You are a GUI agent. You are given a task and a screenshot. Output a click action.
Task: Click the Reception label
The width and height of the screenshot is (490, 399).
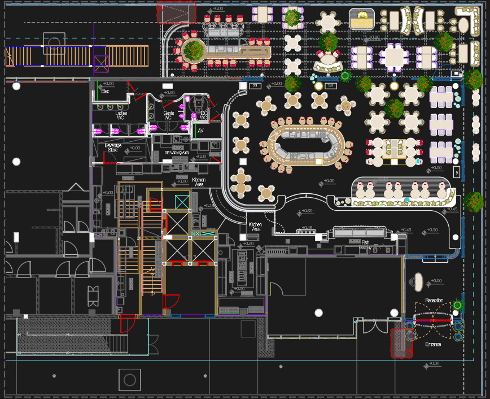[434, 300]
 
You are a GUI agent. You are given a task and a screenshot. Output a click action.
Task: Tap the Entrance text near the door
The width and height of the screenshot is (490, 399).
[434, 344]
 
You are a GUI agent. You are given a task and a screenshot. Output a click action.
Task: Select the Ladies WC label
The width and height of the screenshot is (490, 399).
[121, 115]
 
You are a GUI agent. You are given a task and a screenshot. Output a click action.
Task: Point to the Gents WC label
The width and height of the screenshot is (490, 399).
[168, 115]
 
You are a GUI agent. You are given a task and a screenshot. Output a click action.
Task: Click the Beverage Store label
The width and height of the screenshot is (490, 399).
[113, 148]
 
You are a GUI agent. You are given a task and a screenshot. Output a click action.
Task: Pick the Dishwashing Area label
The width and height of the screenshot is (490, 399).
[176, 153]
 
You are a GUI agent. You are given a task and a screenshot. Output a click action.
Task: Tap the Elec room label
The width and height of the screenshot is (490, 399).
[105, 91]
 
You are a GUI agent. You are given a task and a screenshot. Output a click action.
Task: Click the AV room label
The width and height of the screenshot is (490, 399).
[200, 131]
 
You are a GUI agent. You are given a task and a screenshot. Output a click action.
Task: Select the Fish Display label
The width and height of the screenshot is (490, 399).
[365, 245]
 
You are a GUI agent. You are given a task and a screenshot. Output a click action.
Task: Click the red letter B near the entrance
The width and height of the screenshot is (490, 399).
[410, 352]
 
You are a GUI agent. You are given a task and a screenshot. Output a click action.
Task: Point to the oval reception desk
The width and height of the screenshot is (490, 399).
[418, 281]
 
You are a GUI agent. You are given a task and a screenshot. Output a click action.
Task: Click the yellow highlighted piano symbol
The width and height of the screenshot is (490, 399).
[362, 19]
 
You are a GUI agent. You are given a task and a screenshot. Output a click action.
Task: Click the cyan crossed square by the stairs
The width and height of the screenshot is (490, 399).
[182, 202]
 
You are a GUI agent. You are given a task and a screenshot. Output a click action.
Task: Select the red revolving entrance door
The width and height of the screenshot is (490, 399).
[434, 321]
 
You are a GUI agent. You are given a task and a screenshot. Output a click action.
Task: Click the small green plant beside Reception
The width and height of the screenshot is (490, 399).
[457, 306]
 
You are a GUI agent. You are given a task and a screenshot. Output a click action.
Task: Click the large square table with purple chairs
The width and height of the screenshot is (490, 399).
[395, 57]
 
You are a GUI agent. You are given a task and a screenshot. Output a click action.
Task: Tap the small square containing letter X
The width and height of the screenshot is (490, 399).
[457, 172]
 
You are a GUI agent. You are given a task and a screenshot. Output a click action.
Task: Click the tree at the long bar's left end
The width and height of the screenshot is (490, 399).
[194, 50]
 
